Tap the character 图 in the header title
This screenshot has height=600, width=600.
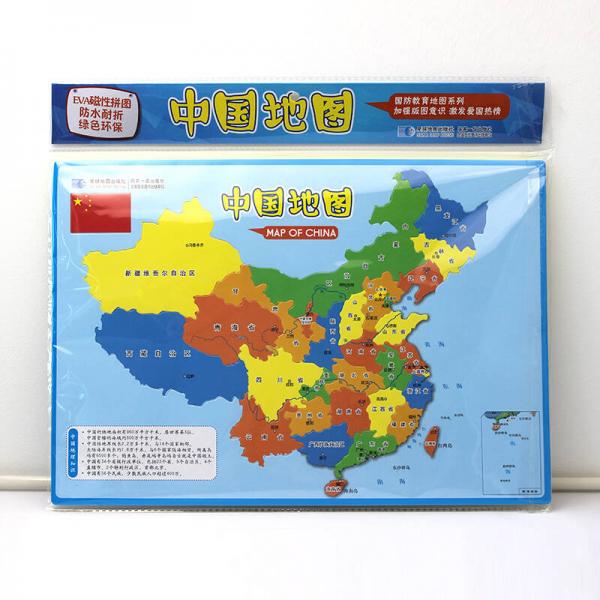[x=336, y=115]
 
